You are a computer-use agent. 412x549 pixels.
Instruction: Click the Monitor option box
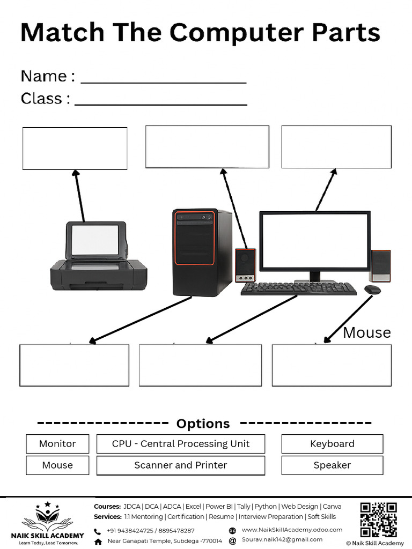[57, 444]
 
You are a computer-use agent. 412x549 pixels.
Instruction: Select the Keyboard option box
[332, 444]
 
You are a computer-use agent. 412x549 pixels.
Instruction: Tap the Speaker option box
[332, 465]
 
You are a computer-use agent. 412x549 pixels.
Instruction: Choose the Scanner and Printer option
[181, 465]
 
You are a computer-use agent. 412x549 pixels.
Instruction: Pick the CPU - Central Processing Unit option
[181, 444]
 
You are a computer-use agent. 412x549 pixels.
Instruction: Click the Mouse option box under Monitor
[57, 465]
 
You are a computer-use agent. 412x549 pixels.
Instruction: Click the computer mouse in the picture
[372, 290]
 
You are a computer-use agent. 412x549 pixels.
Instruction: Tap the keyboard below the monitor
[298, 288]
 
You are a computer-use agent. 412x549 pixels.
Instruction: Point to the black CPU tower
[202, 252]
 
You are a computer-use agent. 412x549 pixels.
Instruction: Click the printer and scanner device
[98, 257]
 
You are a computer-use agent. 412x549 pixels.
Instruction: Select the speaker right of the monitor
[380, 265]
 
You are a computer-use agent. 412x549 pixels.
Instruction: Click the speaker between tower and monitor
[245, 265]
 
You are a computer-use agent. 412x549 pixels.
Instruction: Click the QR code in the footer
[378, 520]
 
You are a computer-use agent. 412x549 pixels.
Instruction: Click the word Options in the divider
[203, 424]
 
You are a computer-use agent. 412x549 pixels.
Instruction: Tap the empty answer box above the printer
[75, 149]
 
